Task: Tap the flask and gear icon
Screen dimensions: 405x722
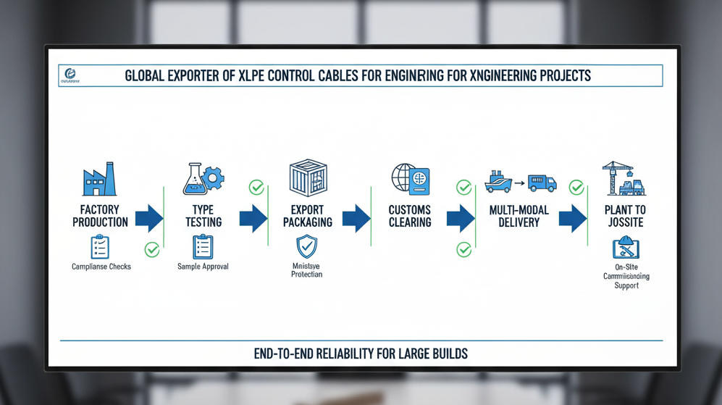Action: pos(201,178)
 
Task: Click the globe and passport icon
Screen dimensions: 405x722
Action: pos(410,180)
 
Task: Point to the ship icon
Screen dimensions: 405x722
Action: pos(498,181)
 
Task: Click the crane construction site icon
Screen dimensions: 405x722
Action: pos(624,178)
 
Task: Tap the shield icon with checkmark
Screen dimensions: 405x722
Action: pos(307,247)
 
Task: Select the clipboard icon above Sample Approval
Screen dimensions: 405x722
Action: pos(203,247)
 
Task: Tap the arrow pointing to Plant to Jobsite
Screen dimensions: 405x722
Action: pos(573,217)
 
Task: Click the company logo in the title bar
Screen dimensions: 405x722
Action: pos(71,73)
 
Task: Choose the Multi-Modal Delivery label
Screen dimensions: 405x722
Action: pos(519,216)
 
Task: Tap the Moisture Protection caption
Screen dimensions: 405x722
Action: pos(307,270)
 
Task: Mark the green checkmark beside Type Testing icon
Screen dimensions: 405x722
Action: pos(256,188)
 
